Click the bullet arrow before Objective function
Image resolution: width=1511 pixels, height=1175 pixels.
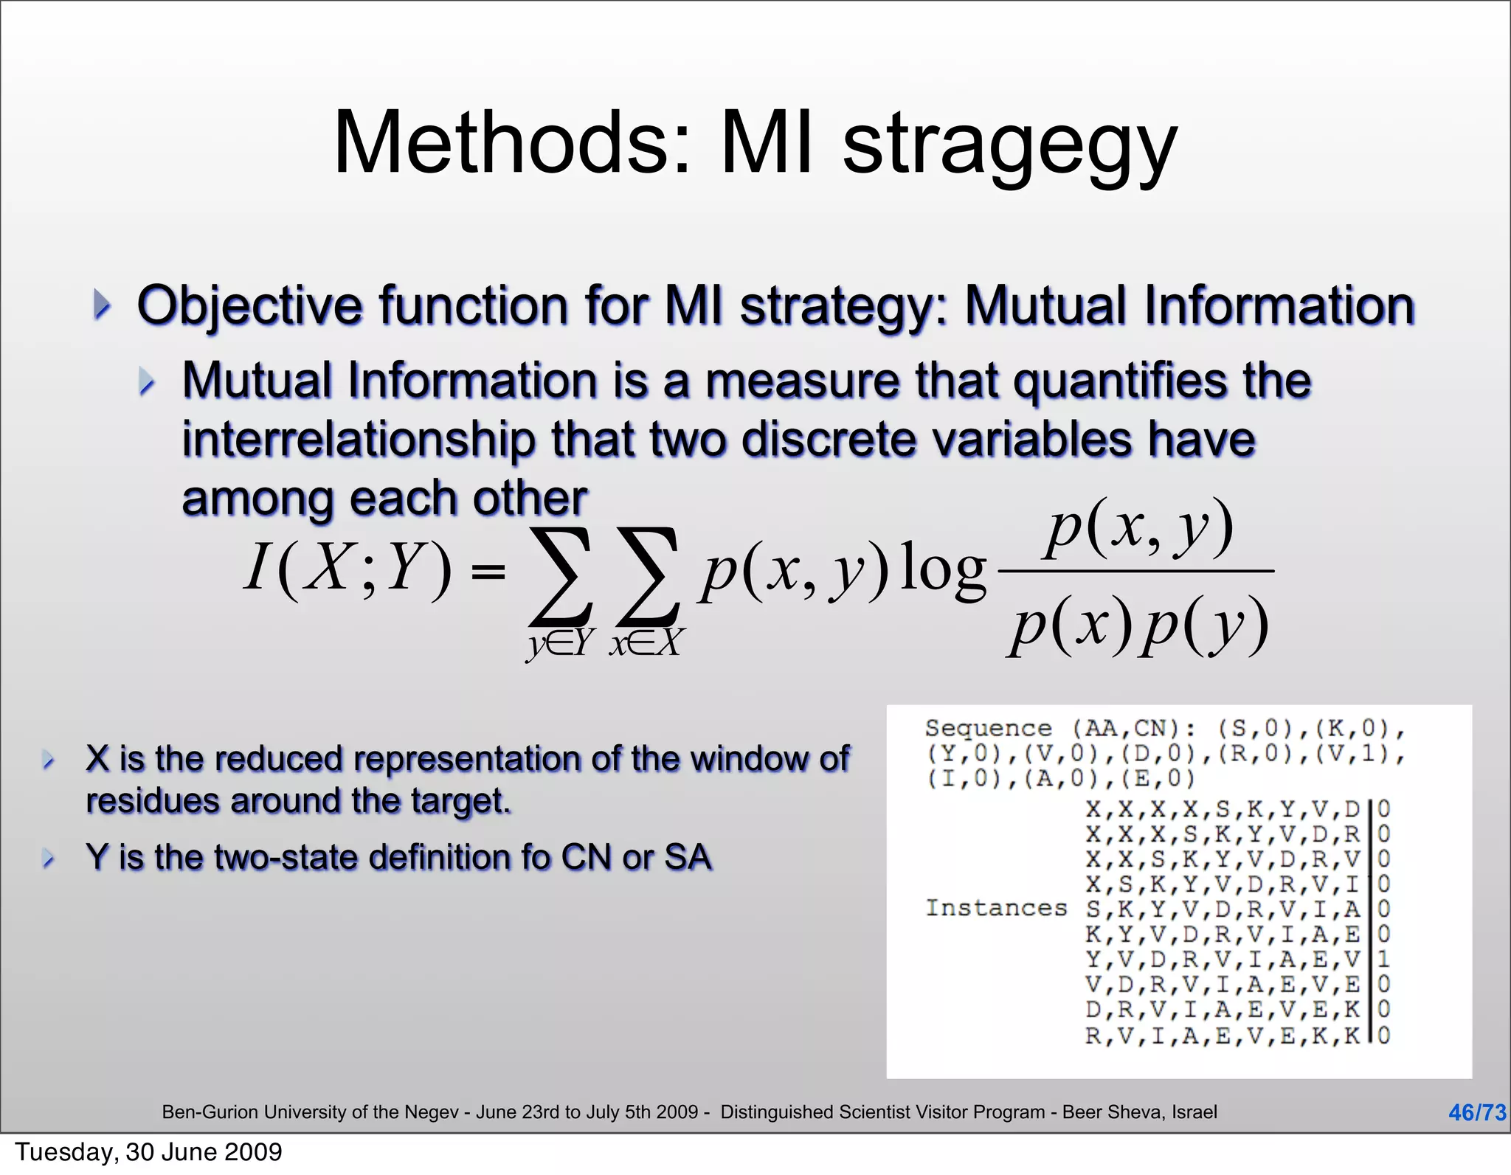pyautogui.click(x=102, y=305)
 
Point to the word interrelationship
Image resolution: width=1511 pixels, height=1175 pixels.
pyautogui.click(x=358, y=440)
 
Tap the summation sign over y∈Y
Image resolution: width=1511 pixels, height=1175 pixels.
pyautogui.click(x=561, y=575)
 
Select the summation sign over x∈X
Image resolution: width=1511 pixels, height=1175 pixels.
pyautogui.click(x=648, y=575)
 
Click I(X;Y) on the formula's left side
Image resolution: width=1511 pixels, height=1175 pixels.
pyautogui.click(x=347, y=568)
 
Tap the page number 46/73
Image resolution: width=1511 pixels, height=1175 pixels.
pyautogui.click(x=1476, y=1112)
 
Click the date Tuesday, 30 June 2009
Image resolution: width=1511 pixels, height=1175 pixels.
pyautogui.click(x=148, y=1152)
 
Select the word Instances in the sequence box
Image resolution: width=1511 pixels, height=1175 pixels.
pyautogui.click(x=996, y=908)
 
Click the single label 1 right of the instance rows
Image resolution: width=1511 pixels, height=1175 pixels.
pyautogui.click(x=1383, y=959)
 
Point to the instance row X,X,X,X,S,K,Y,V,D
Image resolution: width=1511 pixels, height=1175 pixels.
pyautogui.click(x=1222, y=809)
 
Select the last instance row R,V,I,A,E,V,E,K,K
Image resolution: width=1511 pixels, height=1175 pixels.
pyautogui.click(x=1222, y=1036)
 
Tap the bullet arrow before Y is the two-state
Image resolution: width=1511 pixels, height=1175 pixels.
pyautogui.click(x=49, y=858)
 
